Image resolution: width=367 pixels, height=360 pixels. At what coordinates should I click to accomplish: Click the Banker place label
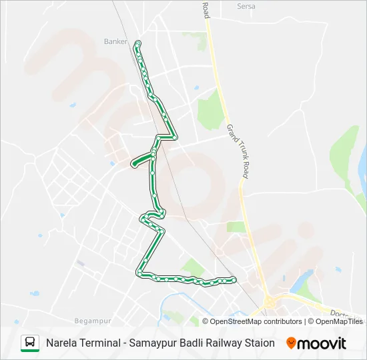pyautogui.click(x=115, y=41)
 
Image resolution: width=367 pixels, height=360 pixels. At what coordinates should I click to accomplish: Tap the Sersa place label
pyautogui.click(x=246, y=6)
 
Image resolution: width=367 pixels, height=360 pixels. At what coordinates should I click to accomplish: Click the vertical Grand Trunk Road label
pyautogui.click(x=237, y=151)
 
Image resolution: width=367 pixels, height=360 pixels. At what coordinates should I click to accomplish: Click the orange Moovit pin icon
pyautogui.click(x=291, y=343)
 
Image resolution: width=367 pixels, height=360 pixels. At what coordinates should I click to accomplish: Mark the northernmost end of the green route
pyautogui.click(x=137, y=43)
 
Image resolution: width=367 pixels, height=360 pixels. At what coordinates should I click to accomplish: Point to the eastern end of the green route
pyautogui.click(x=234, y=279)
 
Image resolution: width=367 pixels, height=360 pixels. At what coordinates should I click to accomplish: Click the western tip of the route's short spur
pyautogui.click(x=133, y=163)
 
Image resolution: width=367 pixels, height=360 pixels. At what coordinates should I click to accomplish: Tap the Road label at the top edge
pyautogui.click(x=206, y=9)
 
